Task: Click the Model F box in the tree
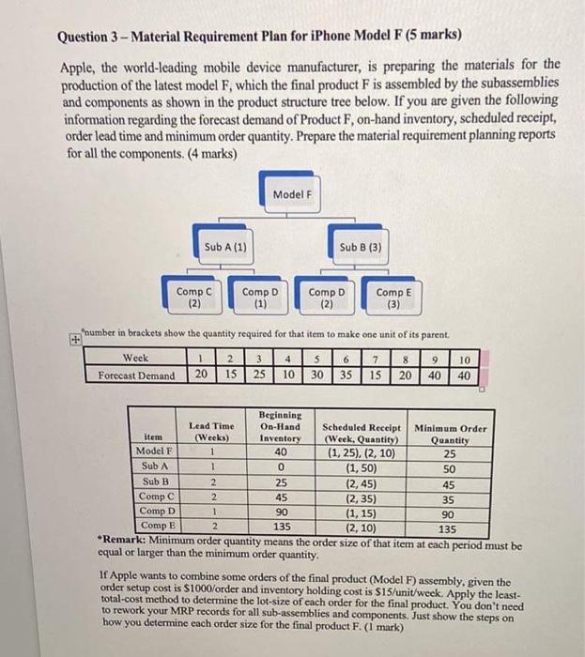click(292, 194)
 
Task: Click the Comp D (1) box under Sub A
click(260, 298)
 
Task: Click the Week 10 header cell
click(463, 358)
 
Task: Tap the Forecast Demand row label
click(137, 374)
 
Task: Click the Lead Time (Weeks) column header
click(211, 432)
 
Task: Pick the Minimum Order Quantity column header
click(451, 433)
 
